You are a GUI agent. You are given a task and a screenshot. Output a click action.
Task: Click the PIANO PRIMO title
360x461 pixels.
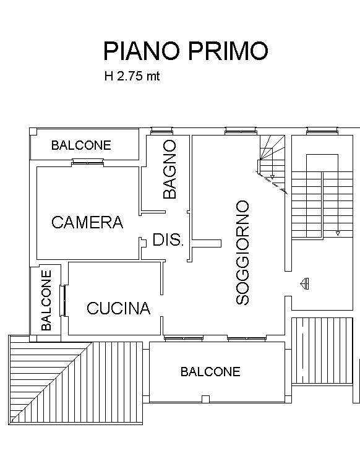pyautogui.click(x=186, y=51)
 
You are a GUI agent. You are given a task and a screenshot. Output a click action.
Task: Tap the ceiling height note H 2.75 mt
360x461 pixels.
pyautogui.click(x=132, y=76)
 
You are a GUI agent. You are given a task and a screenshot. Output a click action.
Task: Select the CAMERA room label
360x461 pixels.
pyautogui.click(x=87, y=222)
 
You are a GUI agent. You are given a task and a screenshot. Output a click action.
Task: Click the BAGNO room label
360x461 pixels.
pyautogui.click(x=169, y=170)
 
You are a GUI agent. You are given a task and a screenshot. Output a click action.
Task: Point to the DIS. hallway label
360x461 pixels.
pyautogui.click(x=168, y=239)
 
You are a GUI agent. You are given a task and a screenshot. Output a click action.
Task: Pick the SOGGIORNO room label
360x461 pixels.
pyautogui.click(x=242, y=252)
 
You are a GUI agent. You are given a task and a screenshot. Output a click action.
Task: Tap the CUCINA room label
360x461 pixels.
pyautogui.click(x=118, y=308)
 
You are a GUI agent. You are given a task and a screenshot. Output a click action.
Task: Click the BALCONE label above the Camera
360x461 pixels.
pyautogui.click(x=81, y=145)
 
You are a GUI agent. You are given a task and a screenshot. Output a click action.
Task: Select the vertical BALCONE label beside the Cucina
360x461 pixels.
pyautogui.click(x=46, y=301)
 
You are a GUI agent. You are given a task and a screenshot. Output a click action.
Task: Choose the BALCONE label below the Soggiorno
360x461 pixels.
pyautogui.click(x=210, y=372)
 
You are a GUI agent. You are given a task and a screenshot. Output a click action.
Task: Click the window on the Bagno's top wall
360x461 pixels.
pyautogui.click(x=161, y=131)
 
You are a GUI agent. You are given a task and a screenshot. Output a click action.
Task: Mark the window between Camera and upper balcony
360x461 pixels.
pyautogui.click(x=88, y=162)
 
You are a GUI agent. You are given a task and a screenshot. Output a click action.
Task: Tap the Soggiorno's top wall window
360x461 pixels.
pyautogui.click(x=241, y=131)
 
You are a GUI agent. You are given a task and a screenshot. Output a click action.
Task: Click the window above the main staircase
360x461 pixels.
pyautogui.click(x=322, y=131)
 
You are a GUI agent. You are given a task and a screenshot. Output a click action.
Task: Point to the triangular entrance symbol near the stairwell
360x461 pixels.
pyautogui.click(x=304, y=283)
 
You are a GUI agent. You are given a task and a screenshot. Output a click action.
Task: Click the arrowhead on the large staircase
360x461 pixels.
pyautogui.click(x=338, y=233)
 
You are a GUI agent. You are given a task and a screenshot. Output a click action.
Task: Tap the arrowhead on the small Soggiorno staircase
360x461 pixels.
pyautogui.click(x=272, y=177)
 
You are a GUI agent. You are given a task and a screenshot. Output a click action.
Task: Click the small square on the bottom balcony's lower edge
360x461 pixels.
pyautogui.click(x=206, y=399)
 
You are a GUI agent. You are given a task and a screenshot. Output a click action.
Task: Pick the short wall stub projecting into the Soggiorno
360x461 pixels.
pyautogui.click(x=207, y=243)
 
